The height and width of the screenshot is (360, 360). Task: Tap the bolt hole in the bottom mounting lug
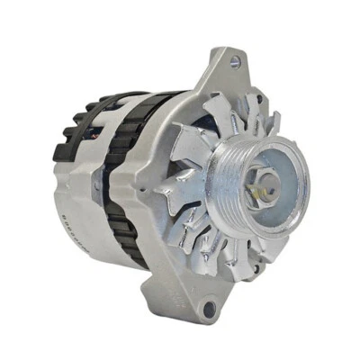tap(209, 309)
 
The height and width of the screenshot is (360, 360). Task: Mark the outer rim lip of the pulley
tap(304, 193)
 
